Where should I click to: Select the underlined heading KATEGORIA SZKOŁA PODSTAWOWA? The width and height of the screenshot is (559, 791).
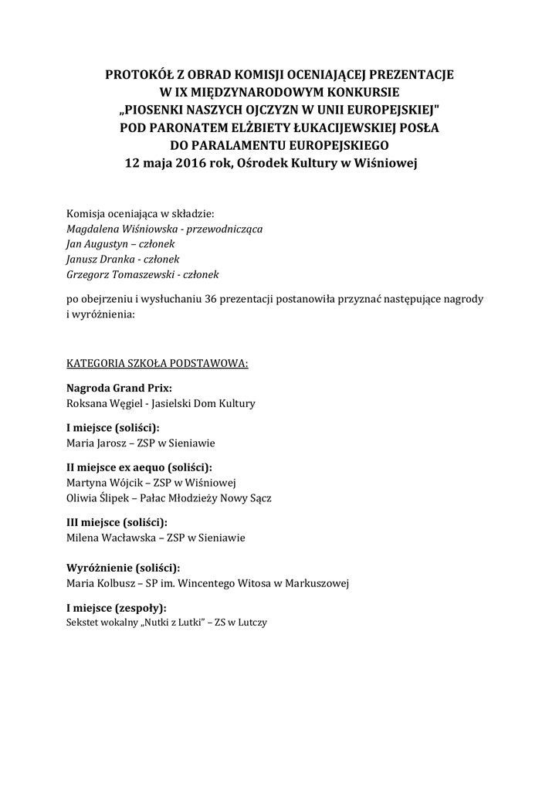click(158, 362)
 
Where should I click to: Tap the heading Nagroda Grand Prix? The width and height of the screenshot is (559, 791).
click(119, 388)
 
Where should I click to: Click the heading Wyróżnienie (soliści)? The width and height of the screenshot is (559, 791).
click(124, 567)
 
